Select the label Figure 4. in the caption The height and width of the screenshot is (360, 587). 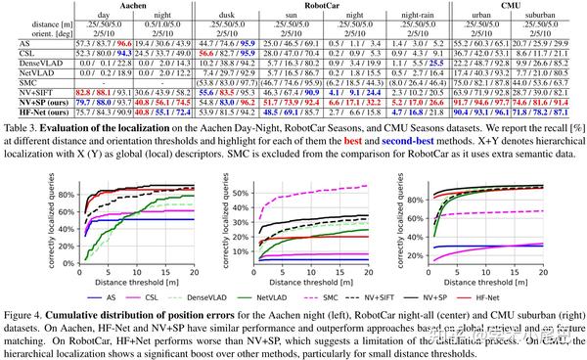click(x=26, y=307)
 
